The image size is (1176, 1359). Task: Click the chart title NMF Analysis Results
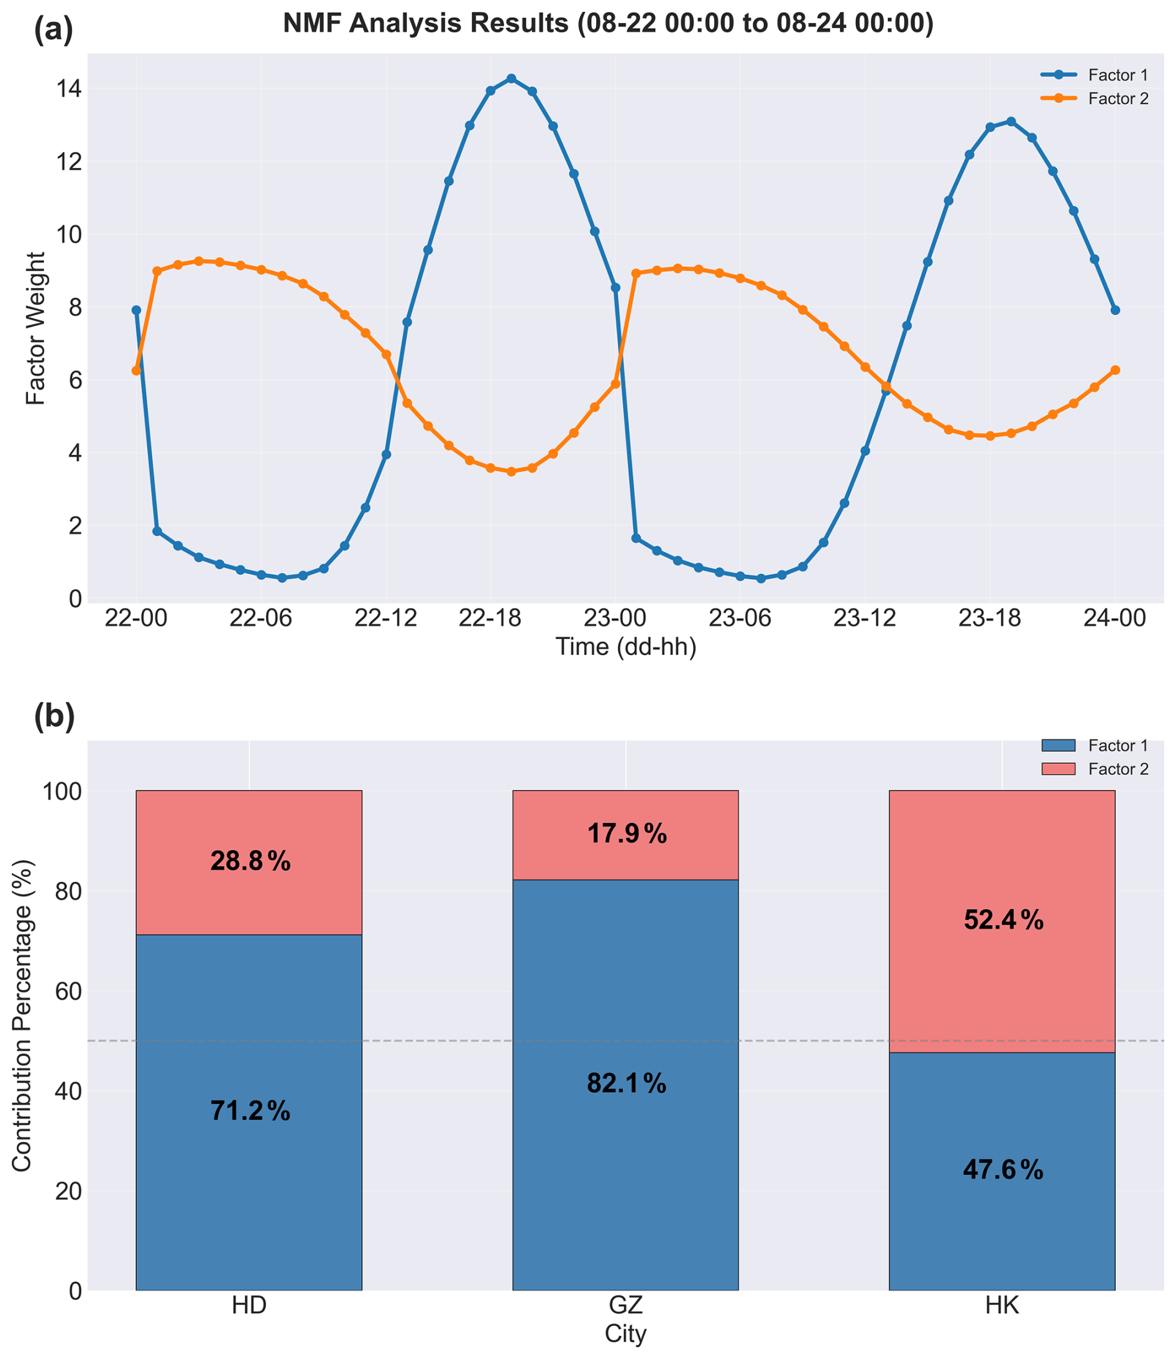click(608, 24)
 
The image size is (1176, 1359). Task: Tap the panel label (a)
click(53, 30)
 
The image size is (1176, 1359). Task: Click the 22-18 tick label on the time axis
click(490, 618)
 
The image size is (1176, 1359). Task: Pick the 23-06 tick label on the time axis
click(740, 618)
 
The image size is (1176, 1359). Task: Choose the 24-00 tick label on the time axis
click(1115, 618)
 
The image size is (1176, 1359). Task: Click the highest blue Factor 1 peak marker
click(511, 79)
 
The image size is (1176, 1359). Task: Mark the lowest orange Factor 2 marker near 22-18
click(511, 471)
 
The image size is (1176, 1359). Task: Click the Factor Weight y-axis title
click(36, 328)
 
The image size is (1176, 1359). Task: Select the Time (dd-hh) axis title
click(625, 647)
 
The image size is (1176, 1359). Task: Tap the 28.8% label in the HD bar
click(250, 861)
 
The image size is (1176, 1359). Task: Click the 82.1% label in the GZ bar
click(626, 1084)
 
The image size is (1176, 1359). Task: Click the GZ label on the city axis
click(625, 1305)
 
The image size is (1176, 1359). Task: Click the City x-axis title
click(625, 1334)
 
